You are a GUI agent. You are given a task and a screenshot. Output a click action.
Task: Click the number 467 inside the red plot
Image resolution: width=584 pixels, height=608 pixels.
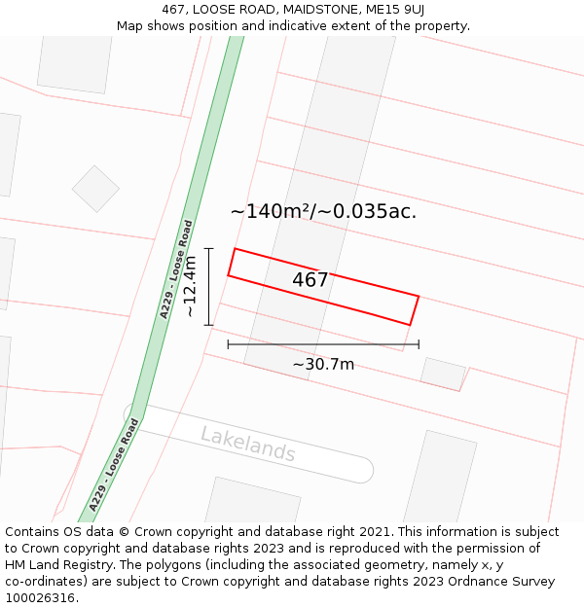click(x=310, y=280)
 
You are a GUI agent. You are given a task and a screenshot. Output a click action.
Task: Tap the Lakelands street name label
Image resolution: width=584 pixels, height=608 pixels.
click(x=247, y=445)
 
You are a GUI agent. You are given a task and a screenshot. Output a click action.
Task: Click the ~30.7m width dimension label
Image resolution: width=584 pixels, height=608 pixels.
click(x=323, y=365)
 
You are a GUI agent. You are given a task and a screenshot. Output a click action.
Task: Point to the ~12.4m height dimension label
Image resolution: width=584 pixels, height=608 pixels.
click(x=190, y=286)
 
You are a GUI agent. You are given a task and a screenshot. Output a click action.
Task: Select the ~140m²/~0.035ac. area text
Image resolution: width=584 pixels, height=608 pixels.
click(x=323, y=211)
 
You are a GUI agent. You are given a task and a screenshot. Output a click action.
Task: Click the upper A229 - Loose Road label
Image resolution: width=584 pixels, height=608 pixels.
click(x=177, y=268)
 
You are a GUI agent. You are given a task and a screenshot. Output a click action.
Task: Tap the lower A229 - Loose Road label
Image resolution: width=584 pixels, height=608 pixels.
click(x=114, y=465)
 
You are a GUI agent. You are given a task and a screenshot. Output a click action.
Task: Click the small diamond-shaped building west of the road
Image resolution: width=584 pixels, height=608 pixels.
click(x=95, y=189)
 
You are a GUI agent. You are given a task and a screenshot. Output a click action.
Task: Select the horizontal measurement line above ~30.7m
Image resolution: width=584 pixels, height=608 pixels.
click(x=323, y=344)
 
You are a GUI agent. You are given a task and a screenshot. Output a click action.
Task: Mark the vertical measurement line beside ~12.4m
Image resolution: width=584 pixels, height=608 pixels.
click(x=208, y=286)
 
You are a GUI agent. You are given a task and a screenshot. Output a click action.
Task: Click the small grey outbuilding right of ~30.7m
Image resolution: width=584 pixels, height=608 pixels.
click(x=443, y=374)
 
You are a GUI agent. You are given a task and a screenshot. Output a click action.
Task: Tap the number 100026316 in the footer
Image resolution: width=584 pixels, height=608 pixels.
click(x=42, y=598)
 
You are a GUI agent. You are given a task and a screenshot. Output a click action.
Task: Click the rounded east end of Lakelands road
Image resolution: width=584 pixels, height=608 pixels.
click(x=361, y=472)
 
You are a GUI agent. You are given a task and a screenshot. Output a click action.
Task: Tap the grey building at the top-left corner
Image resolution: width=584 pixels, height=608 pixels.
click(x=76, y=64)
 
